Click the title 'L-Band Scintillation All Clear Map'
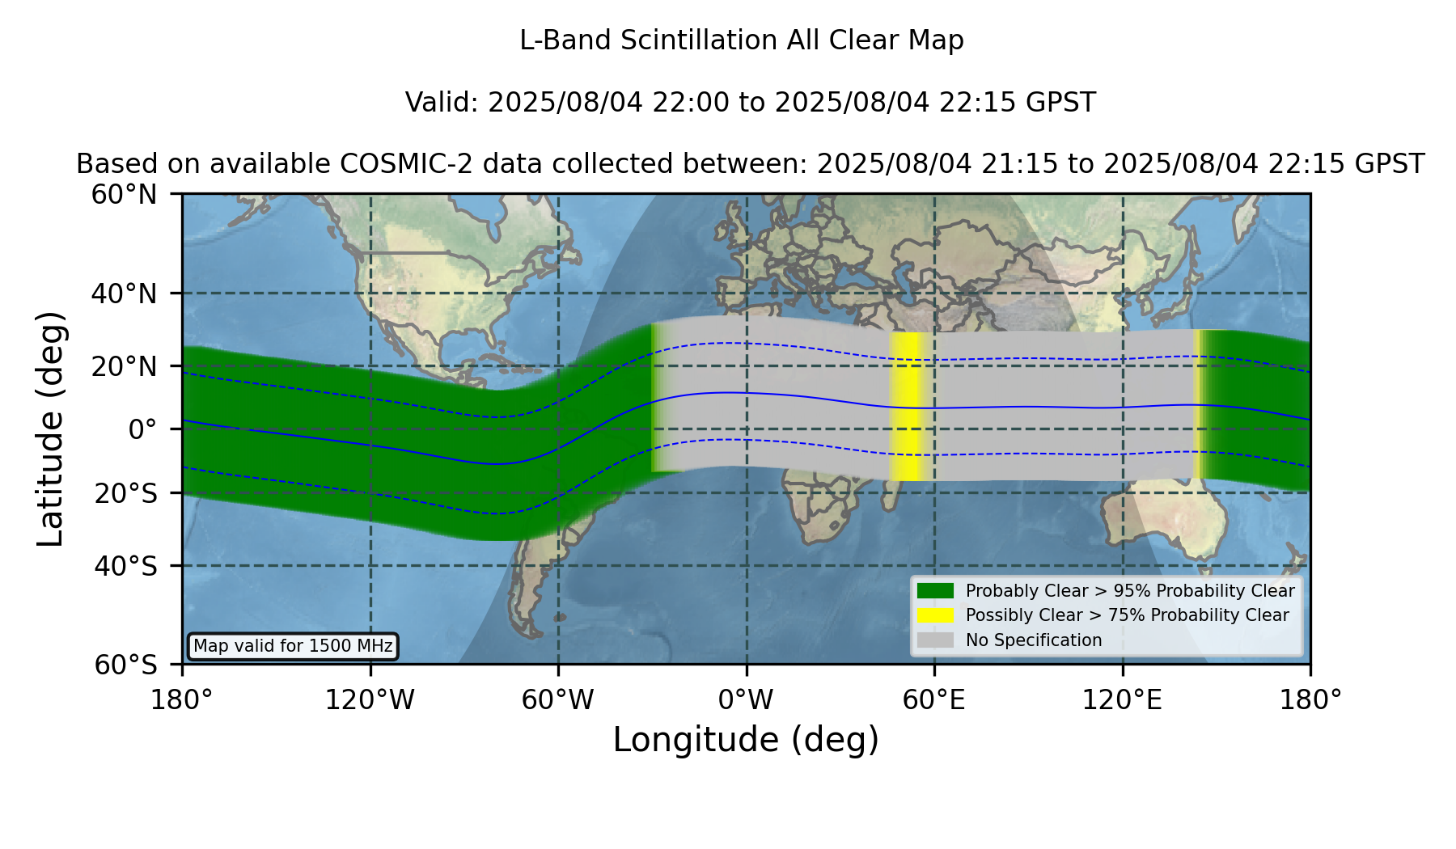[x=741, y=40]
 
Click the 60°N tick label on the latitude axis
[x=125, y=195]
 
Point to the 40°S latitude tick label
[x=125, y=566]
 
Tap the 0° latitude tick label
[x=142, y=429]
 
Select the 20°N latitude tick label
[x=125, y=366]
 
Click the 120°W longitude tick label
[x=370, y=700]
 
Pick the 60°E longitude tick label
[x=934, y=700]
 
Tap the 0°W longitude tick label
[x=746, y=700]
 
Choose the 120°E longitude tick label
[x=1122, y=700]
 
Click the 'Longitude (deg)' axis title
[x=746, y=741]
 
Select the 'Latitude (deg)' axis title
[x=51, y=429]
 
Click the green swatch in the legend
[x=935, y=591]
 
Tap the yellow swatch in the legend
[x=935, y=615]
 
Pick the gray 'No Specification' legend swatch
[x=935, y=640]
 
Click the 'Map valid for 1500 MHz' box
[x=293, y=646]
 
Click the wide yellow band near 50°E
[x=908, y=406]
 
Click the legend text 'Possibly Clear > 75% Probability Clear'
[x=1127, y=615]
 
